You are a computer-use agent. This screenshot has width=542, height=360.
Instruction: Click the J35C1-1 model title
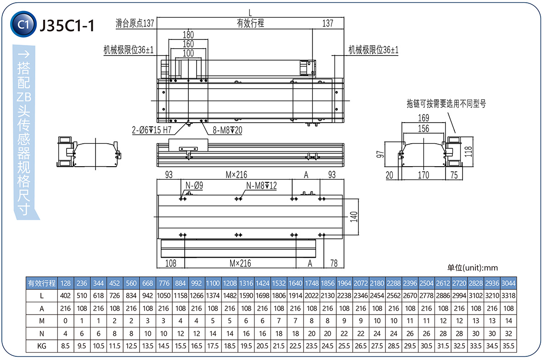[67, 25]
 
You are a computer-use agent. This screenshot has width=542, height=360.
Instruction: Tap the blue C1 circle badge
[23, 25]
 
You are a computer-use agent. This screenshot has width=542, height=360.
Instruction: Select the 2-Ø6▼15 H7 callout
[152, 130]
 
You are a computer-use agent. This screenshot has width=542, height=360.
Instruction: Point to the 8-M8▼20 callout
[227, 130]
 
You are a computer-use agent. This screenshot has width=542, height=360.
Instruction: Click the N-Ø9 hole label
[195, 186]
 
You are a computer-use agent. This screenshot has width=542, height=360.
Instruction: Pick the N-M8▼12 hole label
[262, 186]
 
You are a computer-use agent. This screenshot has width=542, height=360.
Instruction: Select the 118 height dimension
[469, 152]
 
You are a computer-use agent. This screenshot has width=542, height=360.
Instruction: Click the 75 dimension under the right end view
[454, 175]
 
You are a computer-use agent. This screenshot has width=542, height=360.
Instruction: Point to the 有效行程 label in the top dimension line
[250, 23]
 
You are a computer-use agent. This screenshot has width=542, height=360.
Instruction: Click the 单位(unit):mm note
[472, 268]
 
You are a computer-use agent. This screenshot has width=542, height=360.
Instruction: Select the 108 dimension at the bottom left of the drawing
[171, 263]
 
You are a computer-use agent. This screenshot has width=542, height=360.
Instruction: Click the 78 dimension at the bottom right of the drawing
[334, 263]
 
